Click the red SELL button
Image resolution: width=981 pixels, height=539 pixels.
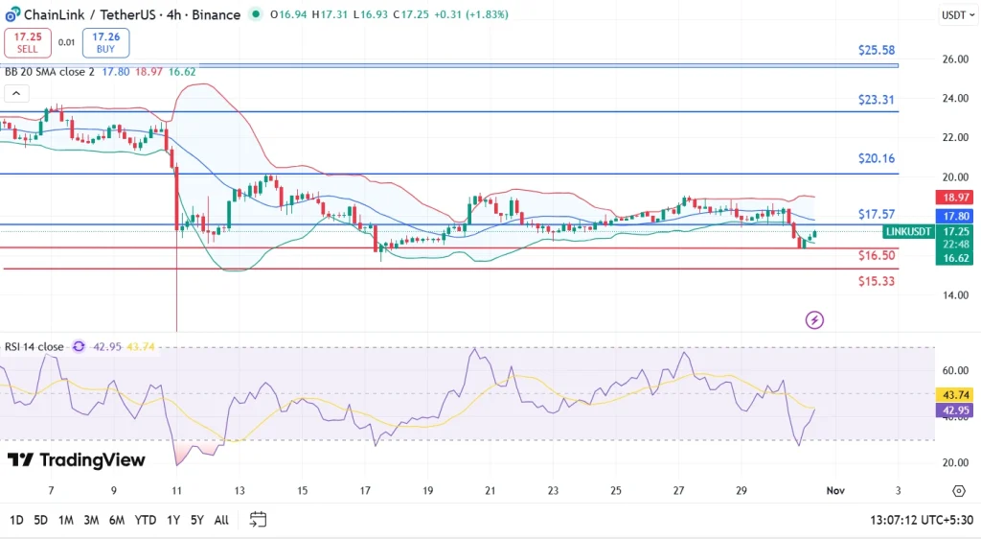pos(26,42)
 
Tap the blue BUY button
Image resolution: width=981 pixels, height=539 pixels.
pos(105,42)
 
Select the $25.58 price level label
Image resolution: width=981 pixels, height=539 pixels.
pos(877,50)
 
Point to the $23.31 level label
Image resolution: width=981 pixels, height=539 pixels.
pos(877,99)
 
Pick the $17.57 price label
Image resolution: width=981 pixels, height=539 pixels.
pos(877,214)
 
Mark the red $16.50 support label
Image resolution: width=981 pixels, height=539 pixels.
pos(877,256)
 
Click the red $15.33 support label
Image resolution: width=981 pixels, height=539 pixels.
pos(877,281)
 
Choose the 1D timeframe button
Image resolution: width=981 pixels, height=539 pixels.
pos(17,520)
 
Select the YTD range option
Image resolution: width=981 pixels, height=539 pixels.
pos(146,520)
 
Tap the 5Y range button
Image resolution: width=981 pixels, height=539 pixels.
pos(196,520)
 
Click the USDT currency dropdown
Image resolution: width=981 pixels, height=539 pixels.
pos(956,14)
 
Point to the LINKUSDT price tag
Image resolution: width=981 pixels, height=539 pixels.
pos(908,232)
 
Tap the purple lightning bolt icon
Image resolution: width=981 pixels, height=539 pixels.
pos(815,319)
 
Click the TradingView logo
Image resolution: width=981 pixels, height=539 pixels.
pos(77,460)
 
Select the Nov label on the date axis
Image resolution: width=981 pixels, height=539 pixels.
pos(835,491)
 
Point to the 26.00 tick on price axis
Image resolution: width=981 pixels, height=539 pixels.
pos(954,59)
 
